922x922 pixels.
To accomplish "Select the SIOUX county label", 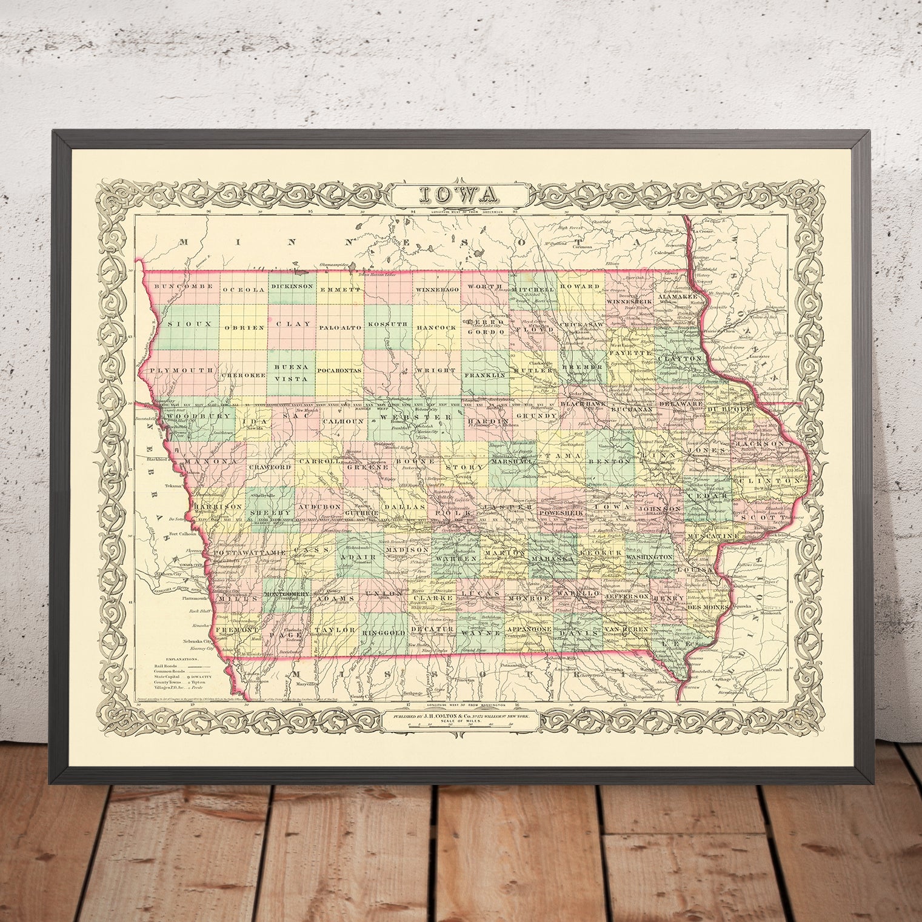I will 189,324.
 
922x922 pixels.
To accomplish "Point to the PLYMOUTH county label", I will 181,370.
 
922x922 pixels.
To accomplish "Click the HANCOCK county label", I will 436,327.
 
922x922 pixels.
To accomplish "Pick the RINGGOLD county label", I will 384,632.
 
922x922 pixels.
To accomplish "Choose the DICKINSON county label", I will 292,286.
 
